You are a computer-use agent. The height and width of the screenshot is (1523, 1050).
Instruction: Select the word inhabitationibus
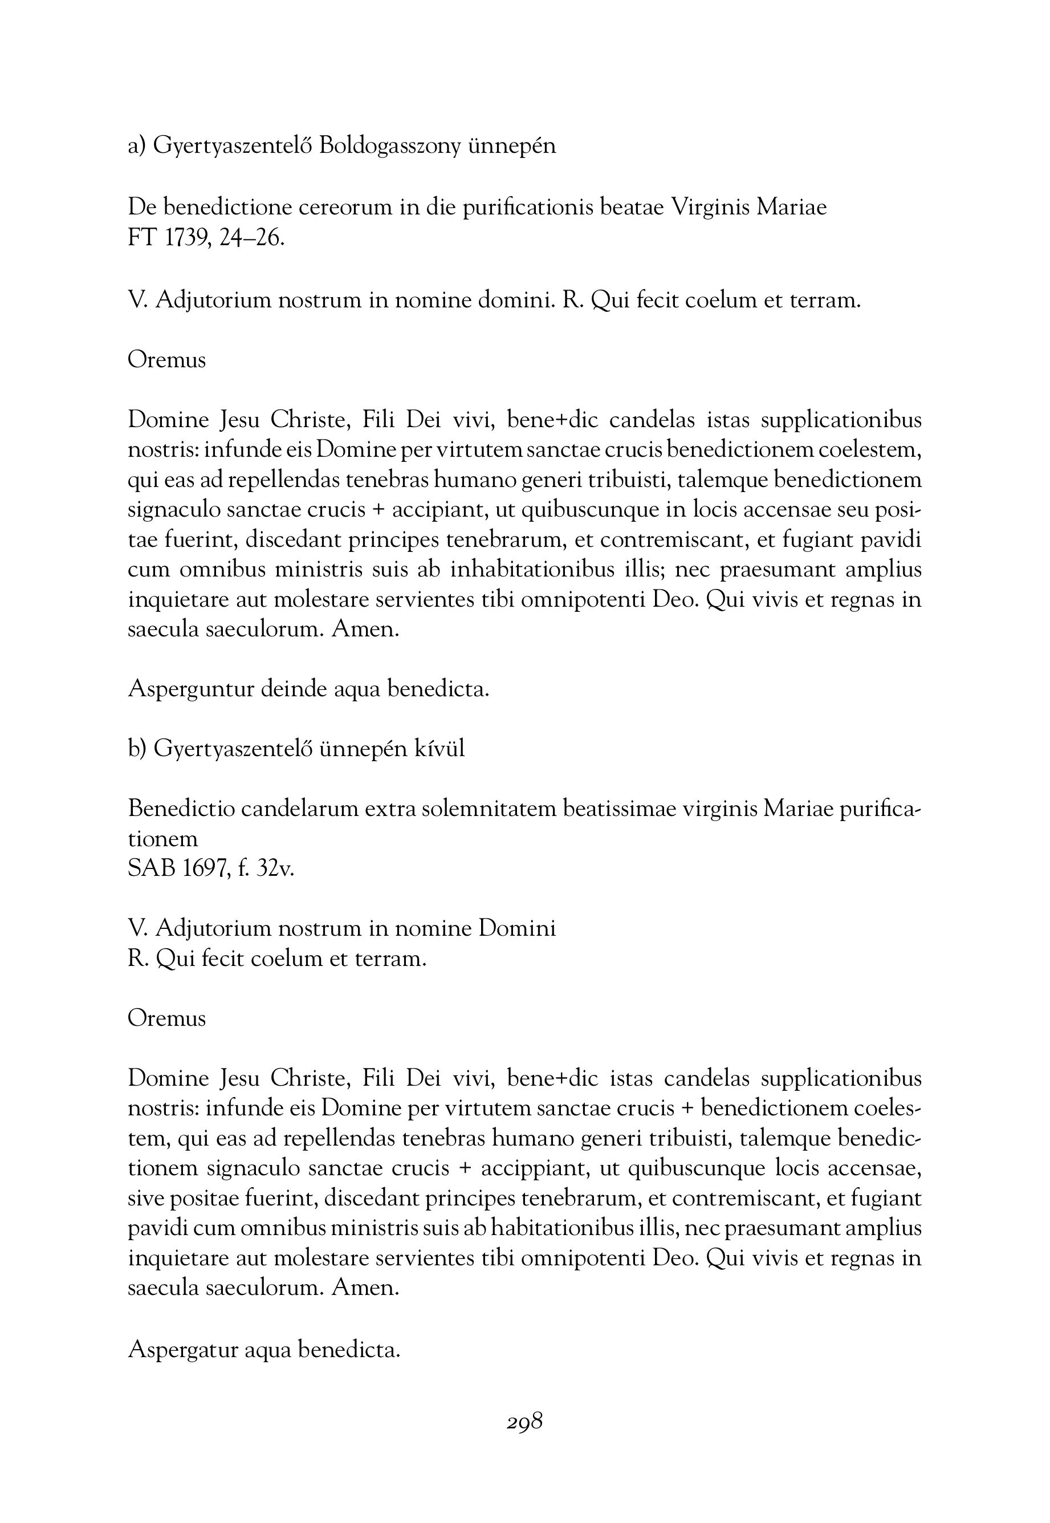tap(532, 570)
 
